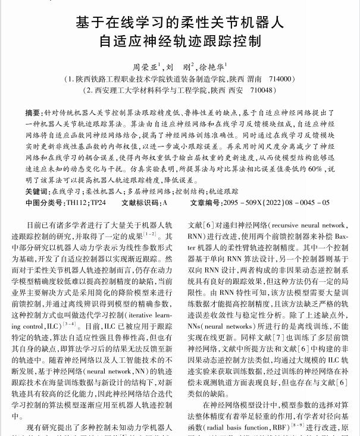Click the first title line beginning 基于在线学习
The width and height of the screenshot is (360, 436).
pos(180,23)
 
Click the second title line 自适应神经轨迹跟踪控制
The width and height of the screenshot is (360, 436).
pos(180,43)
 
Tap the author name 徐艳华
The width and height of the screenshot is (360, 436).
pos(212,67)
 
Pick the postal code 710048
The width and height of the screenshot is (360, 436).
pos(256,90)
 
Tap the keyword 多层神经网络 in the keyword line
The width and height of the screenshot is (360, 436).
pos(149,192)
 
